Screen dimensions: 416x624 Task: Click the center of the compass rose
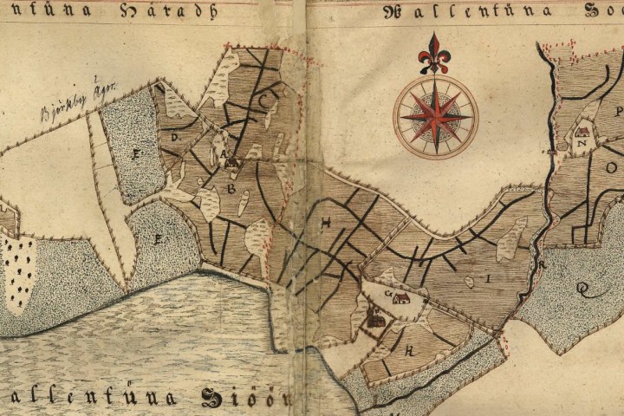click(x=435, y=117)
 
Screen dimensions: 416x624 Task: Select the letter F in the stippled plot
click(x=135, y=154)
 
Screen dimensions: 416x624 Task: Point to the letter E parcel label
click(x=158, y=239)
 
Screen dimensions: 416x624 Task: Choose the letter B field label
click(x=231, y=187)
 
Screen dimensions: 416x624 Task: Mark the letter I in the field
click(x=488, y=279)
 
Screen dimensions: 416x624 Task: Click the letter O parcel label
click(x=610, y=166)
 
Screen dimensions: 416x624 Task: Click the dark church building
click(x=376, y=320)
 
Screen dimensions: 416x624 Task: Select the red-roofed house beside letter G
click(x=400, y=299)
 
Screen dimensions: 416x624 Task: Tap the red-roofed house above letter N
click(x=582, y=132)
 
